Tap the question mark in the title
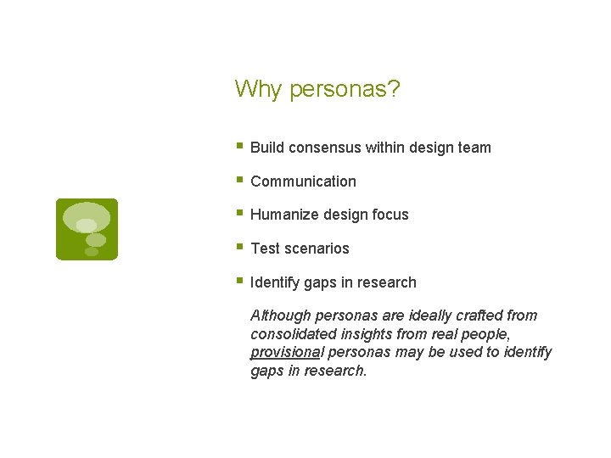coord(394,89)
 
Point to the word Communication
coord(303,182)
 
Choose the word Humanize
coord(283,215)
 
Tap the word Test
coord(265,249)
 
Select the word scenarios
coord(317,249)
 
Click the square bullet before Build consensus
coord(239,146)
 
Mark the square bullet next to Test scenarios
coord(239,247)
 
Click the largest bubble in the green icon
coord(87,215)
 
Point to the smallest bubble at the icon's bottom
coord(91,252)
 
